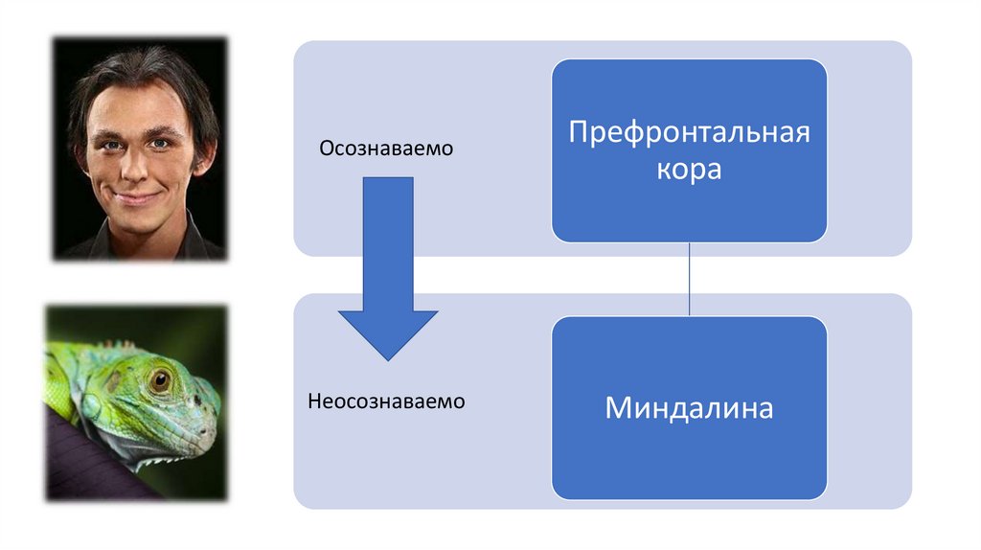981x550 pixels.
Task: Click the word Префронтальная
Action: pyautogui.click(x=689, y=131)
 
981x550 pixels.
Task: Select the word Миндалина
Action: pyautogui.click(x=689, y=409)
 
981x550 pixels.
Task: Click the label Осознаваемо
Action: pyautogui.click(x=385, y=149)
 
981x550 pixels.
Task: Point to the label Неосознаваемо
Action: pyautogui.click(x=386, y=401)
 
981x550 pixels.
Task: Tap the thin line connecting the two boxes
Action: pyautogui.click(x=690, y=279)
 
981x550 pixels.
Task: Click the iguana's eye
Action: pyautogui.click(x=160, y=379)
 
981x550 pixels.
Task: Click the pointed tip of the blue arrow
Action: pyautogui.click(x=387, y=358)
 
